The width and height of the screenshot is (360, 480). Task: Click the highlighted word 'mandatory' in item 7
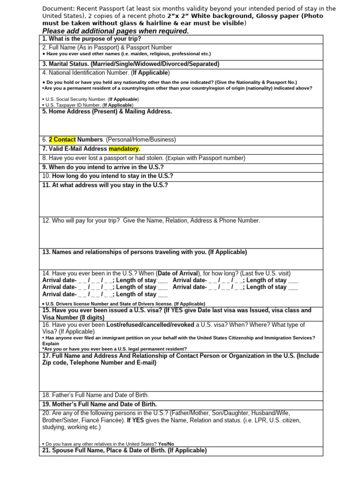[124, 149]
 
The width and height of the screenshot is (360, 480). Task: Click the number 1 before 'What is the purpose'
[44, 38]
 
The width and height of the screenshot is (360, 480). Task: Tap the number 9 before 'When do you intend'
[44, 167]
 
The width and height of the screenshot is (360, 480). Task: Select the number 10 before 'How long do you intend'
[46, 176]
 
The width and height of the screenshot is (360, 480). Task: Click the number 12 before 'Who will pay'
[46, 221]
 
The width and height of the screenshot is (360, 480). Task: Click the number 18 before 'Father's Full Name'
[46, 395]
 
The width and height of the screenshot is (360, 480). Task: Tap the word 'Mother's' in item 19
[64, 404]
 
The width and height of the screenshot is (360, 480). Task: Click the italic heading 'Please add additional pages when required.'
[115, 31]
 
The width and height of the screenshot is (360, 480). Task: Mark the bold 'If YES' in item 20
[136, 420]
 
